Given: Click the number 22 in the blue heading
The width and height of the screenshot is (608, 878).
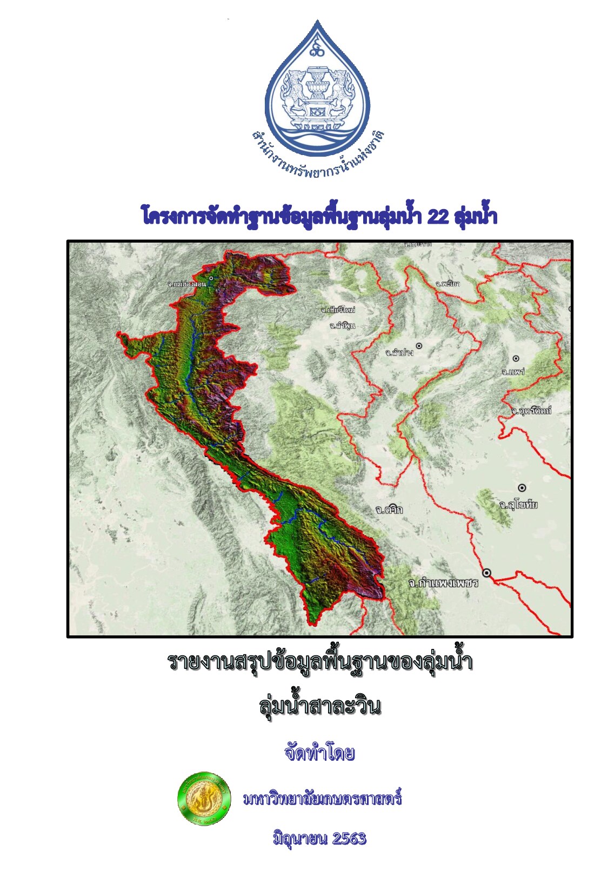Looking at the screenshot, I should point(438,217).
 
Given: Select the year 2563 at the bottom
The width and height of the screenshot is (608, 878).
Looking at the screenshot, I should point(349,838).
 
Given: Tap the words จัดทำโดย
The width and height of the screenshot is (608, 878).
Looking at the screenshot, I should point(319,753).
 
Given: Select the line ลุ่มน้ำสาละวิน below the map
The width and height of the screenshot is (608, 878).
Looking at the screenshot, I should point(320,706).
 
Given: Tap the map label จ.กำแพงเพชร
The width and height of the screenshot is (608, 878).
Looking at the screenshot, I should point(443,583).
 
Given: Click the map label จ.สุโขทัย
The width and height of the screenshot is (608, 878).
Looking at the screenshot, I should point(518,505).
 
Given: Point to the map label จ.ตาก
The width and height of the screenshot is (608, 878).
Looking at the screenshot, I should point(389,510).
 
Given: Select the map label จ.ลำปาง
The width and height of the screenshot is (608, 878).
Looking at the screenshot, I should point(399,352).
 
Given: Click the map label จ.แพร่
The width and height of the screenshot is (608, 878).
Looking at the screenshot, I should point(513,372).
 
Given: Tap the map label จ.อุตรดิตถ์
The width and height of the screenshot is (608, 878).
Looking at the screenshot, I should point(531,411).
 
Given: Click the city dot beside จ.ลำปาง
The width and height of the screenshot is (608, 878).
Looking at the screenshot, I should point(419,345).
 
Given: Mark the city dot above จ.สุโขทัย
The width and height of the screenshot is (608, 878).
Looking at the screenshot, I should point(522,488).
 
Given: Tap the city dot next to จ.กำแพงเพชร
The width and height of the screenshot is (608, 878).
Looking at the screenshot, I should point(487,573).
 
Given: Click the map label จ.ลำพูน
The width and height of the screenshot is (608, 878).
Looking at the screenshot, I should point(342,325).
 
